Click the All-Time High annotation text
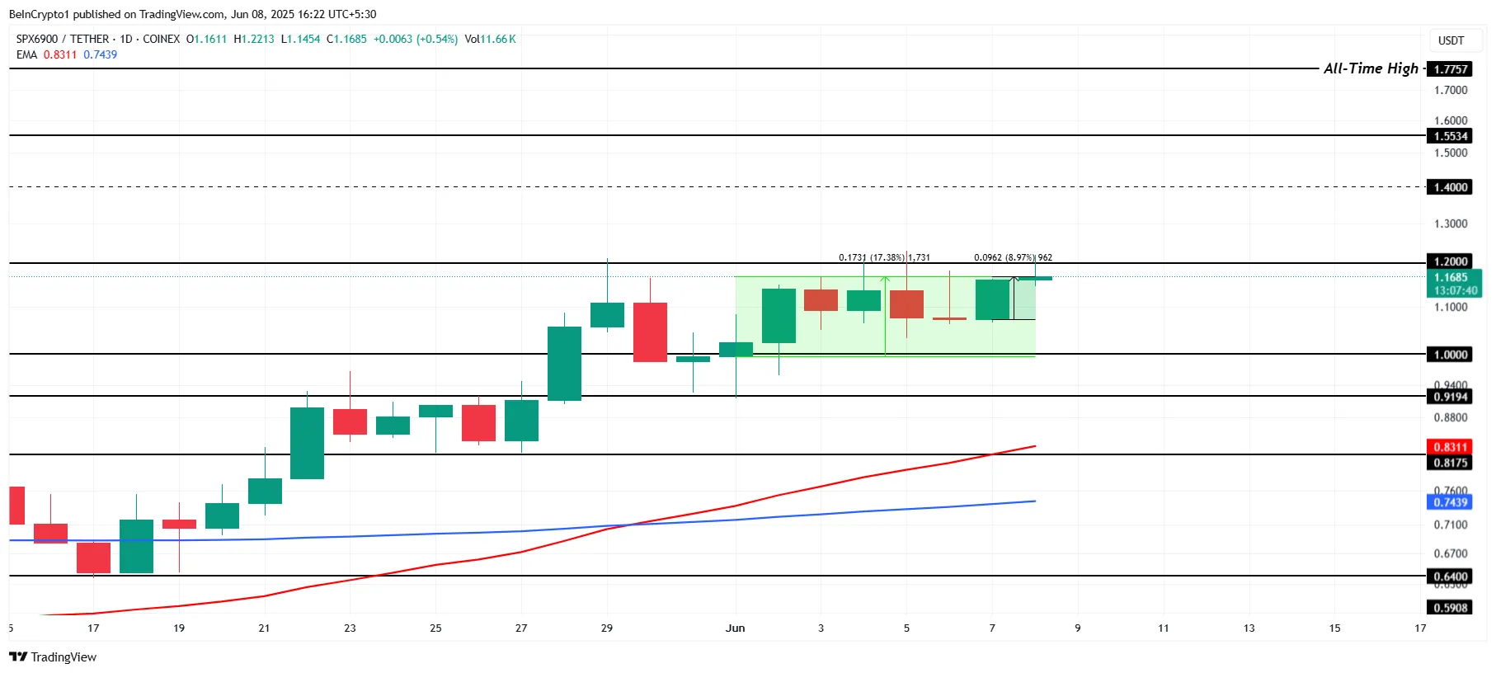pyautogui.click(x=1371, y=68)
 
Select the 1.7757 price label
pyautogui.click(x=1451, y=69)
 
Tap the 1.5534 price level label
pyautogui.click(x=1451, y=136)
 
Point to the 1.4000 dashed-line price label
pyautogui.click(x=1451, y=187)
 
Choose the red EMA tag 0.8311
pyautogui.click(x=1451, y=447)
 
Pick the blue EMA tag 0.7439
pyautogui.click(x=1451, y=502)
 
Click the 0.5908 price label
pyautogui.click(x=1451, y=608)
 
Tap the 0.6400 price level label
pyautogui.click(x=1451, y=577)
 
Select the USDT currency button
pyautogui.click(x=1451, y=40)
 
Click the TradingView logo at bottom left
pyautogui.click(x=54, y=657)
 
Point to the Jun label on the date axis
pyautogui.click(x=735, y=628)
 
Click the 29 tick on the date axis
pyautogui.click(x=607, y=628)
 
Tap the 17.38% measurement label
pyautogui.click(x=887, y=257)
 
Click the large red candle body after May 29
pyautogui.click(x=650, y=332)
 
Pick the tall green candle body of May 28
pyautogui.click(x=564, y=363)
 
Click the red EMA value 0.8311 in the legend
pyautogui.click(x=60, y=54)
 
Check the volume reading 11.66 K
pyautogui.click(x=498, y=39)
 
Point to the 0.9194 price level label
pyautogui.click(x=1451, y=397)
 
